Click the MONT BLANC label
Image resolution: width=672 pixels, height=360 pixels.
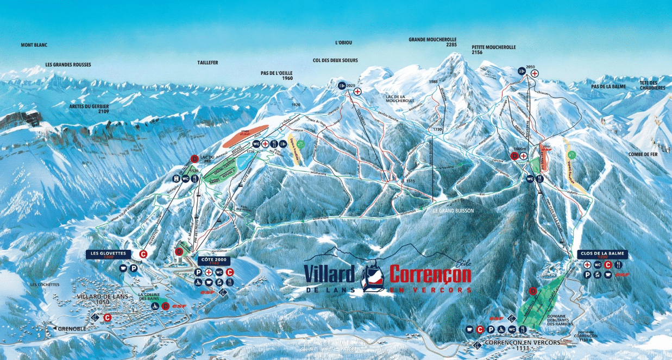tap(34, 45)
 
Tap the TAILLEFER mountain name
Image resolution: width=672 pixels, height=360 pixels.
tap(208, 63)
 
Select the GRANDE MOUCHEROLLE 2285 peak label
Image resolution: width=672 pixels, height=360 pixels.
tap(432, 42)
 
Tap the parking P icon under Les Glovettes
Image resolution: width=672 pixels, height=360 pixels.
tap(134, 268)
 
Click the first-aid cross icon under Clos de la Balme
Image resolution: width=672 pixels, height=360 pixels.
tap(587, 265)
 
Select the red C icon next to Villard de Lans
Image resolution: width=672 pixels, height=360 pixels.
tap(108, 317)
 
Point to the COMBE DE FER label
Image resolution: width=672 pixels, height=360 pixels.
tap(643, 155)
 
